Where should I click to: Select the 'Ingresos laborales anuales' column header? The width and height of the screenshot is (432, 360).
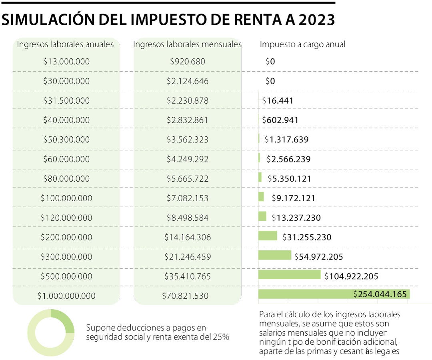[65, 44]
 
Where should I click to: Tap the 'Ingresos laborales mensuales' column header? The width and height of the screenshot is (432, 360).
[187, 44]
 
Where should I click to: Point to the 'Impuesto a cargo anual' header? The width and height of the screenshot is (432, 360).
[302, 44]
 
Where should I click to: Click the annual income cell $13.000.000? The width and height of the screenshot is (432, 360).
[66, 62]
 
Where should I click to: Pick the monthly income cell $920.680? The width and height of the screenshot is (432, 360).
[188, 62]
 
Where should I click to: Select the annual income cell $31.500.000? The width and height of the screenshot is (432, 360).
[66, 101]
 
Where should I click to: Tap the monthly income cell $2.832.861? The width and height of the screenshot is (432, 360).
[188, 120]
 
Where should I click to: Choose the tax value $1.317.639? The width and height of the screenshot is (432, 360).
[286, 140]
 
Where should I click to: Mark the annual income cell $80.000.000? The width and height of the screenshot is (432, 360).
[66, 179]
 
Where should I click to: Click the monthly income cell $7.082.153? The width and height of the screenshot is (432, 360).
[188, 198]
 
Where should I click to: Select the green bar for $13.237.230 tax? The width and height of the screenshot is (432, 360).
[262, 216]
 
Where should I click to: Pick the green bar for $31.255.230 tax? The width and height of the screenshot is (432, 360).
[267, 236]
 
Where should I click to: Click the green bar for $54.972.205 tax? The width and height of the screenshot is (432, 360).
[274, 255]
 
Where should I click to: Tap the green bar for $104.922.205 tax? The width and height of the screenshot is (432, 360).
[289, 275]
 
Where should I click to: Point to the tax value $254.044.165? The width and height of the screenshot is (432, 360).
[380, 294]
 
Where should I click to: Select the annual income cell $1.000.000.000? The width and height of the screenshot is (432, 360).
[66, 296]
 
